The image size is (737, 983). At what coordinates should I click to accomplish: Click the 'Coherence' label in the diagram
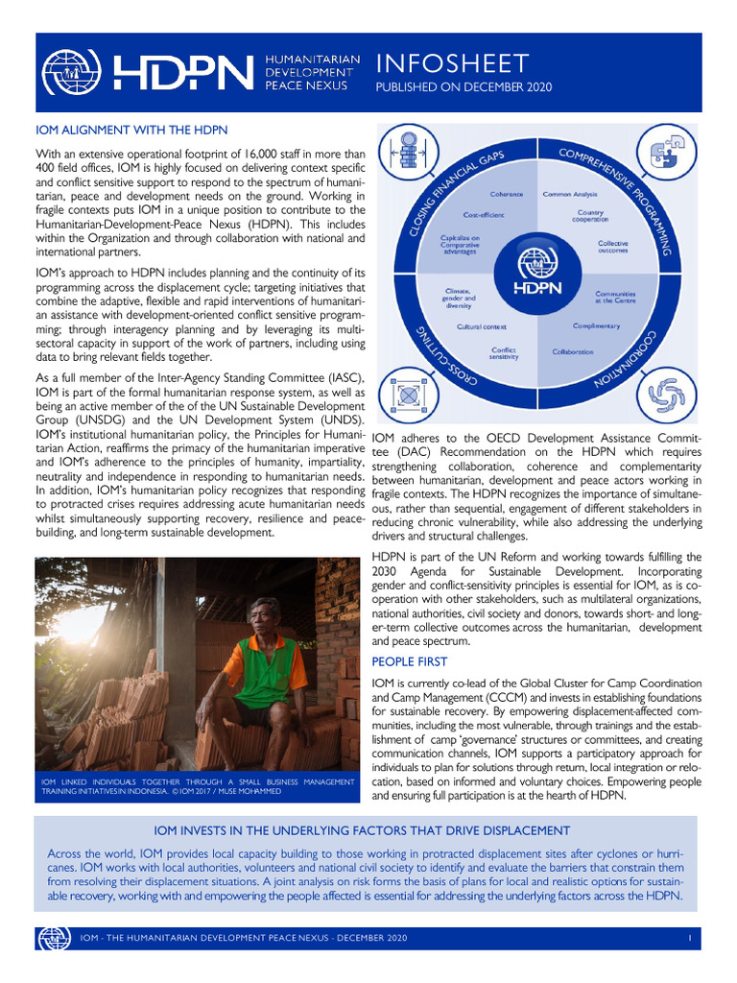(x=507, y=194)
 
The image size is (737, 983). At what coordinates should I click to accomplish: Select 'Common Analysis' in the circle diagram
(x=570, y=194)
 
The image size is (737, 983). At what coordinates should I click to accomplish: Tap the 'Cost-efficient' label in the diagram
(x=484, y=215)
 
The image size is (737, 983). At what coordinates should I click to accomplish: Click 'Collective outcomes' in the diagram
(x=612, y=247)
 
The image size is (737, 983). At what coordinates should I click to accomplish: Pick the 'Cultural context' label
(x=482, y=326)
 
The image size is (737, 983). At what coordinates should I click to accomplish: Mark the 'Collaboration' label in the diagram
(x=572, y=351)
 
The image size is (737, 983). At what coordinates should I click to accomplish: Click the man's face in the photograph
(x=263, y=615)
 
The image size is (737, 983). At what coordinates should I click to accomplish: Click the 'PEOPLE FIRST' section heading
(x=409, y=661)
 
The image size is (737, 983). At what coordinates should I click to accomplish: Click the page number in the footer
(x=689, y=936)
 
